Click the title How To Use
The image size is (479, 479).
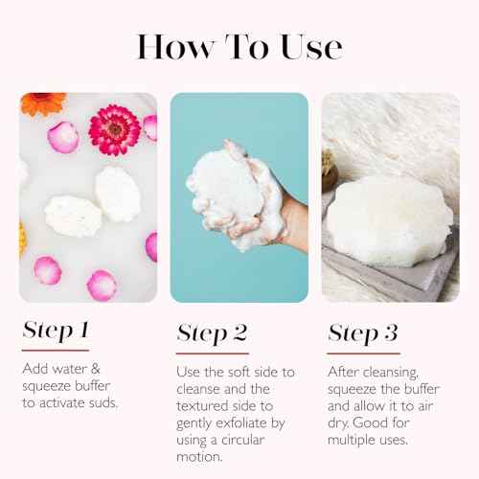tap(239, 45)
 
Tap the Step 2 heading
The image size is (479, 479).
tap(212, 332)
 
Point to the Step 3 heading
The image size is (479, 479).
tap(364, 332)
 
